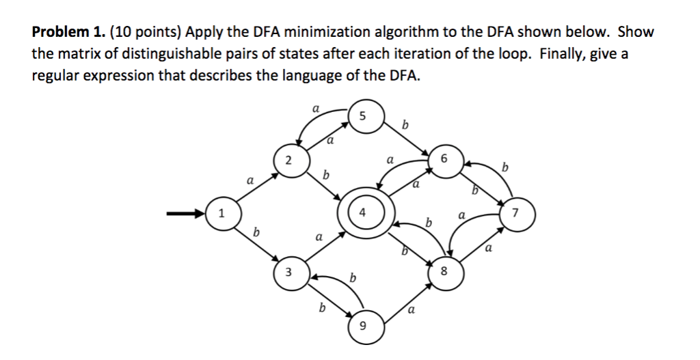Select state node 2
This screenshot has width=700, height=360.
tap(289, 161)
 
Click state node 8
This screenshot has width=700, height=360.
tap(444, 270)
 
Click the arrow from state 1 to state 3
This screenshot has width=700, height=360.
tap(254, 244)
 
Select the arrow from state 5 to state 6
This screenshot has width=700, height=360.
tap(405, 137)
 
